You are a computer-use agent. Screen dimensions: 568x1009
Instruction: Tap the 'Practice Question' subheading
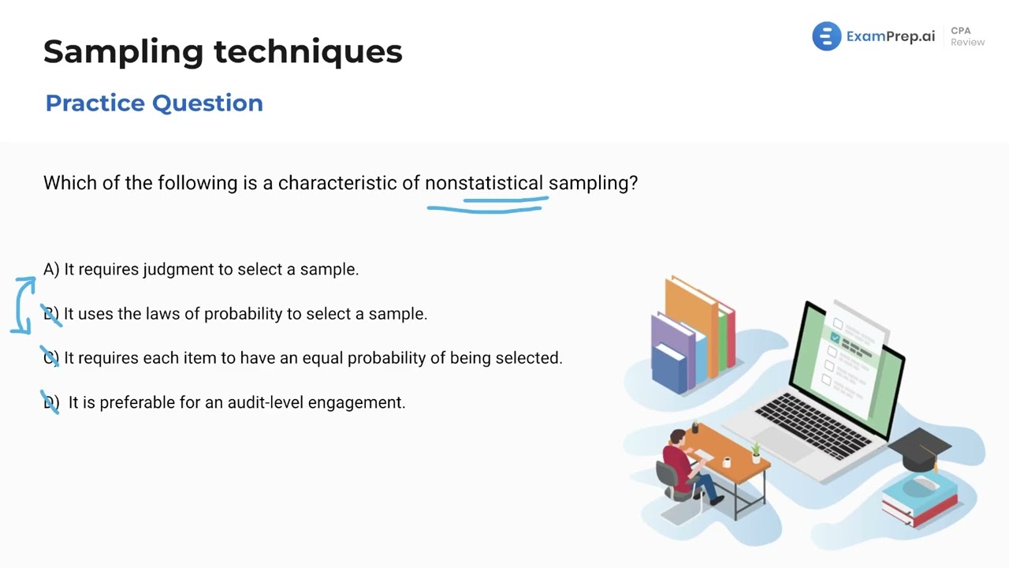[x=154, y=103]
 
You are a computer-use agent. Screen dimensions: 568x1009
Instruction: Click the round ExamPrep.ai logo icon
[x=826, y=36]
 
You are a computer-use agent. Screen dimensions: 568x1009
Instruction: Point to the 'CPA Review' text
[x=966, y=36]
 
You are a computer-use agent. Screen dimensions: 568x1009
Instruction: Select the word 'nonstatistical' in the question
[x=484, y=183]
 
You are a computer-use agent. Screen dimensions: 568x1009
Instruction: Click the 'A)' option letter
[x=51, y=270]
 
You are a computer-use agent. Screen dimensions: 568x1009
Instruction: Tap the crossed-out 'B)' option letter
[x=51, y=314]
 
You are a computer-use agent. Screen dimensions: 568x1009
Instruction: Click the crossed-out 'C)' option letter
[x=50, y=358]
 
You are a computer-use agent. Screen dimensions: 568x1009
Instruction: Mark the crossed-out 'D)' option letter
[x=50, y=402]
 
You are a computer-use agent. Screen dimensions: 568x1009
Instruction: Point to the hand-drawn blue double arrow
[x=24, y=304]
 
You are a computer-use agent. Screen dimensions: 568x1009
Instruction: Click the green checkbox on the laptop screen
[x=835, y=338]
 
